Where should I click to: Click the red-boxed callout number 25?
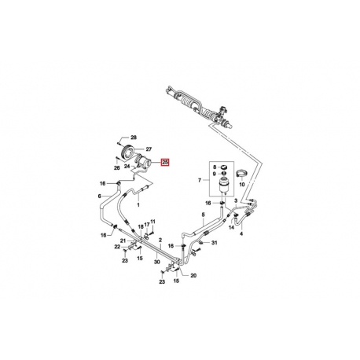coord(165,163)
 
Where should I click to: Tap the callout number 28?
coord(134,138)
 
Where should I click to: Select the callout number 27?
coord(149,149)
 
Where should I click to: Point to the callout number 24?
coord(127,166)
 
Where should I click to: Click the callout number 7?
coord(200,180)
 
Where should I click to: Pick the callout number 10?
coord(241,185)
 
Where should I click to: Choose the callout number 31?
coord(215,243)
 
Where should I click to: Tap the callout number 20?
coord(193,275)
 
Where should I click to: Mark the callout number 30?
coord(157,262)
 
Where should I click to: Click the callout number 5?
coord(203,215)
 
